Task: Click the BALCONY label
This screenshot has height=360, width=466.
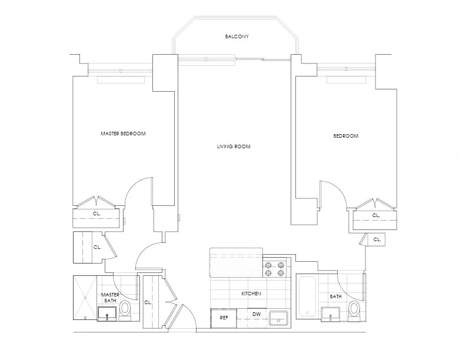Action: pyautogui.click(x=237, y=36)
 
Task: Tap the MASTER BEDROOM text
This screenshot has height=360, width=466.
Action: pyautogui.click(x=123, y=134)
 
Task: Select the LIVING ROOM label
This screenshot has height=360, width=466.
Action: pyautogui.click(x=234, y=146)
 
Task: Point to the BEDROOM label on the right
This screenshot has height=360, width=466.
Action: pyautogui.click(x=345, y=136)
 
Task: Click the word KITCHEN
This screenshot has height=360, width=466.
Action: pyautogui.click(x=251, y=294)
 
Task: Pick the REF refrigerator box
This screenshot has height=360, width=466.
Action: pyautogui.click(x=224, y=318)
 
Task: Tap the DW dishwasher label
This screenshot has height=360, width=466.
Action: pyautogui.click(x=256, y=314)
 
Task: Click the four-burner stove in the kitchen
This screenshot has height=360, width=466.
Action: pyautogui.click(x=275, y=268)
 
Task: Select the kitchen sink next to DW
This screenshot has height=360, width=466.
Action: pyautogui.click(x=277, y=318)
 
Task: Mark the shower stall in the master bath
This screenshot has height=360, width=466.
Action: pyautogui.click(x=85, y=297)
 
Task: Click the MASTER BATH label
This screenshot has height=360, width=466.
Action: pyautogui.click(x=110, y=298)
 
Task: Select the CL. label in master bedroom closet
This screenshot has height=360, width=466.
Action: pyautogui.click(x=96, y=214)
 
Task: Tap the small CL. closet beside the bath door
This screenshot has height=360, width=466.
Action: pyautogui.click(x=377, y=239)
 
